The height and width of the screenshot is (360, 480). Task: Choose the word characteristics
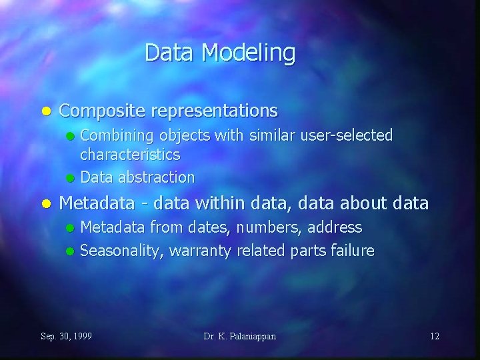tap(130, 155)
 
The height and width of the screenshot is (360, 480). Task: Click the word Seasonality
tap(121, 251)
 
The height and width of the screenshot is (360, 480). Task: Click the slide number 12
tap(435, 336)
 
